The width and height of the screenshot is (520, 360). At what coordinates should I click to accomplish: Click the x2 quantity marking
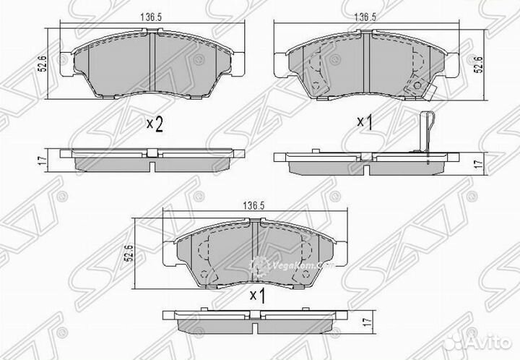(154, 124)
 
